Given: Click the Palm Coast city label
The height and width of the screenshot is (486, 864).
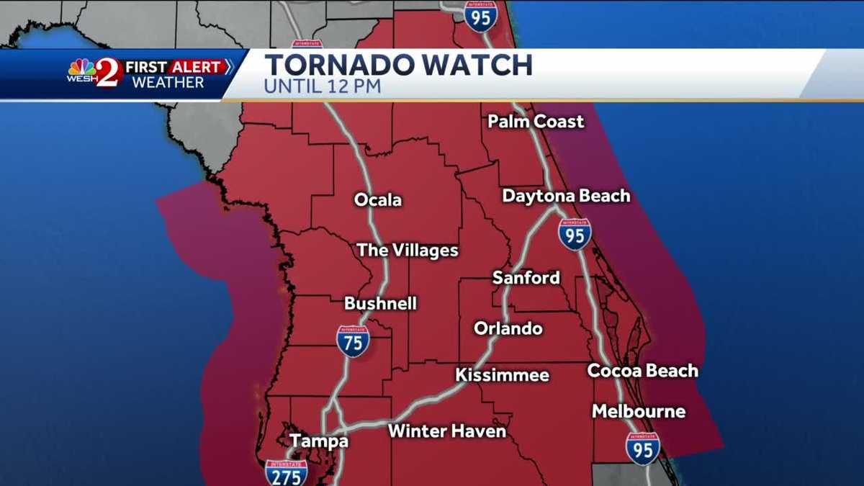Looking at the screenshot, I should pos(536,122).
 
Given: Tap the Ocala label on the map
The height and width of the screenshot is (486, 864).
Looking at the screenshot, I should pos(378,200).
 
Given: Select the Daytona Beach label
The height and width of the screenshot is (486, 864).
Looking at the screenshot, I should pos(566,196).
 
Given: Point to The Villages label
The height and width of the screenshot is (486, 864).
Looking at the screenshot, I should pos(408,251).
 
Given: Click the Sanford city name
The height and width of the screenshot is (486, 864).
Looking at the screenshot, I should pos(526,278).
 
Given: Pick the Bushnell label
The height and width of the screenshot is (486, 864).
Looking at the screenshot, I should pos(380,303).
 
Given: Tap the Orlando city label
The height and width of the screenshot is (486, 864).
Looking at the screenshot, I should pos(508,328).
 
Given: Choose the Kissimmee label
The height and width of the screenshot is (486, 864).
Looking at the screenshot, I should pos(502,375).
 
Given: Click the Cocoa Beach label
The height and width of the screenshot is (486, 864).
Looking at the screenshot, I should pos(642,371).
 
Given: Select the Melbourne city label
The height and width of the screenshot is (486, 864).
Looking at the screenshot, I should pos(638,411).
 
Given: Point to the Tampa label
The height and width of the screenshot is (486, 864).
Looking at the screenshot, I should pos(319,441).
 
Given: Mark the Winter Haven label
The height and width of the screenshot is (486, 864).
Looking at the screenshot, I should pos(447,431).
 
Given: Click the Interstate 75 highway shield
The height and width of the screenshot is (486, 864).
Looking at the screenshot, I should pos(353,341).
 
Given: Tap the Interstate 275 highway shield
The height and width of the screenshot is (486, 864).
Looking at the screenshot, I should pos(287,472).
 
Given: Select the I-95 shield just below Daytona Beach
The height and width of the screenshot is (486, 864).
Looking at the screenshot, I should pos(575,234).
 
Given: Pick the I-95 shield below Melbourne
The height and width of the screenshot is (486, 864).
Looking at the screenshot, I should pos(643,448).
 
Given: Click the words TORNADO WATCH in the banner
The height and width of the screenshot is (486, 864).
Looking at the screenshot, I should pos(398,66).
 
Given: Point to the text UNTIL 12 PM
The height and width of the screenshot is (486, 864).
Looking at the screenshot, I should pos(322,87).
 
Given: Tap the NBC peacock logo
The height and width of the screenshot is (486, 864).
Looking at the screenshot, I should pos(81,68).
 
